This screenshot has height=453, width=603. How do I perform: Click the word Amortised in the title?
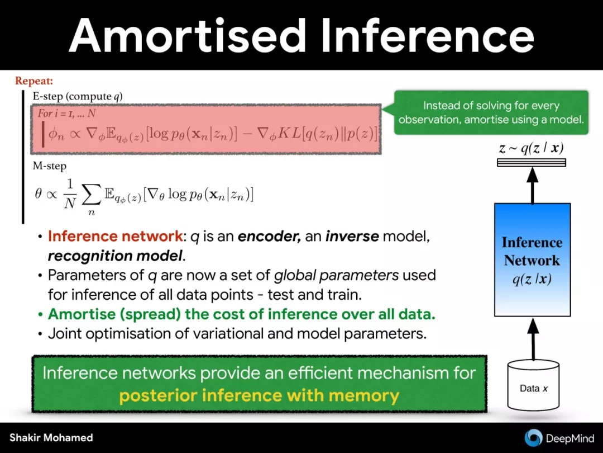(187, 35)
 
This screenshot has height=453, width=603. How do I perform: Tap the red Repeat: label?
(34, 81)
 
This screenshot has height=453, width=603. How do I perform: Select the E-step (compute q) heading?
(78, 96)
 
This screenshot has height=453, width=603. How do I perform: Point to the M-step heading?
(50, 166)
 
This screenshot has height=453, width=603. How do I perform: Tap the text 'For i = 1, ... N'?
(66, 113)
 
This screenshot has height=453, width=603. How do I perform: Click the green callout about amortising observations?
(491, 112)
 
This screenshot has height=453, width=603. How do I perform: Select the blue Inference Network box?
(532, 260)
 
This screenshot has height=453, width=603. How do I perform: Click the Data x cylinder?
(533, 385)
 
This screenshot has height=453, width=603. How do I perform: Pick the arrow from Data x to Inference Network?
(533, 339)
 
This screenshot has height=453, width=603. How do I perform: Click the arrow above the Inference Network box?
(532, 185)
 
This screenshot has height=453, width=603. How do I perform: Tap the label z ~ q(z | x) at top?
(532, 148)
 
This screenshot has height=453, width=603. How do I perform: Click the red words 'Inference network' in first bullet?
(116, 236)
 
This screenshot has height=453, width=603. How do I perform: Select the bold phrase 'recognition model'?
(115, 256)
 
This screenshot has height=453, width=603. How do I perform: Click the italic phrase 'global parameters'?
(337, 275)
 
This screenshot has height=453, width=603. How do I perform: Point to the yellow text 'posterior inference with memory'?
(259, 395)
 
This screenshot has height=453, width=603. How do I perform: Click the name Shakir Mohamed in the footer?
(51, 437)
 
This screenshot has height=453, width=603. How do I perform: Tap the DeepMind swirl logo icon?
(533, 438)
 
